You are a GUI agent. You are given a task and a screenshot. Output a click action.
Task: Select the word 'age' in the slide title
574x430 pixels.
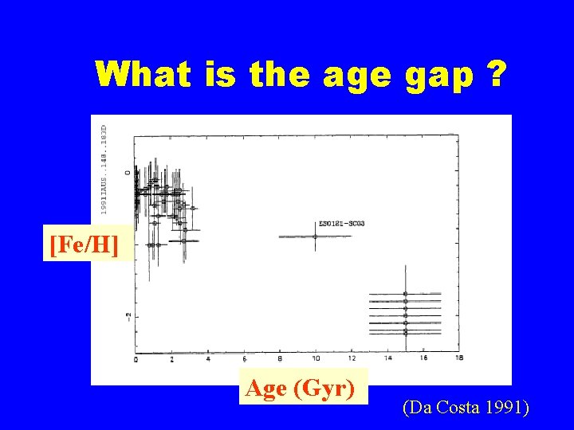(356, 75)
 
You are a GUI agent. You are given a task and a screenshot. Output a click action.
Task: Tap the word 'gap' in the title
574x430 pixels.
(439, 75)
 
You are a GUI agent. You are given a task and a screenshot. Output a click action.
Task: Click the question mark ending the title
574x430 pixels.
(497, 75)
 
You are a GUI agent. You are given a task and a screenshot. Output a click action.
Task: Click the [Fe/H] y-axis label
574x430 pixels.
(84, 244)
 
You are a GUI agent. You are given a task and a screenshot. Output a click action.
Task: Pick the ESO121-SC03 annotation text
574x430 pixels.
(341, 224)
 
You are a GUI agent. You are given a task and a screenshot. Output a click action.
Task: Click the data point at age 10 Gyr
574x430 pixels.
(315, 236)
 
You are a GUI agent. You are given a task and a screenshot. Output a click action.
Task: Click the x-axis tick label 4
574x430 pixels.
(207, 359)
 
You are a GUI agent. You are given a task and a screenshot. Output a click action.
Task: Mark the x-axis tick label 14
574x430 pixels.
(387, 359)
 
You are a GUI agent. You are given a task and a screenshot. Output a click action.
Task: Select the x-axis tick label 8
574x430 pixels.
(279, 359)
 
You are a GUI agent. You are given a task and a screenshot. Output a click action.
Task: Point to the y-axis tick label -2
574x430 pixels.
(128, 317)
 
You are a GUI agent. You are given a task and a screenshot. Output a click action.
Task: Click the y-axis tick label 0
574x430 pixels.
(128, 172)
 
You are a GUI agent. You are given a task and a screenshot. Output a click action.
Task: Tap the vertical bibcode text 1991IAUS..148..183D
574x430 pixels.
(104, 168)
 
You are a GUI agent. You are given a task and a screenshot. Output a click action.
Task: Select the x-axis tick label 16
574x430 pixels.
(423, 359)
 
